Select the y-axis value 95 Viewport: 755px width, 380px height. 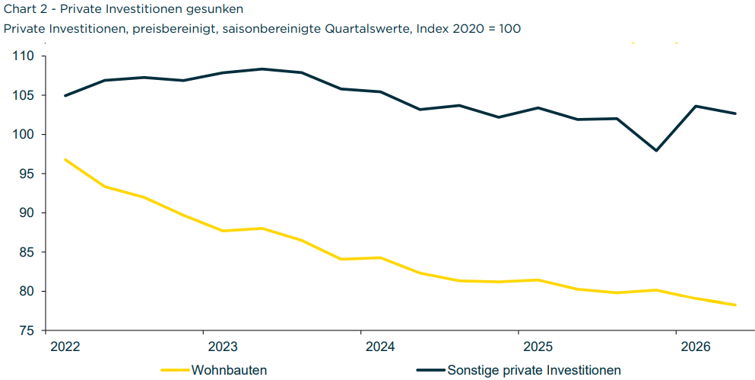pos(26,174)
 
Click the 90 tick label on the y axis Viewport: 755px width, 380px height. pos(26,213)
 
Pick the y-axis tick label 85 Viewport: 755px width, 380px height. pos(26,252)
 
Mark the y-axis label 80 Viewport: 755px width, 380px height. pos(26,291)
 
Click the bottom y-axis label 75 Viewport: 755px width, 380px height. pos(26,331)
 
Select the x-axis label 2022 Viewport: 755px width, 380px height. pos(65,346)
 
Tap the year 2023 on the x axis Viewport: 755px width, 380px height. pos(224,346)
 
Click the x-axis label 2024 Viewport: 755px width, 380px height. pos(381,346)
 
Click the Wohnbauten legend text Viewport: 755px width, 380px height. pos(229,370)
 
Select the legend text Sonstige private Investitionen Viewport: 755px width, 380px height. pos(534,370)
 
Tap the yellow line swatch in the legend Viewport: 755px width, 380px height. pos(176,370)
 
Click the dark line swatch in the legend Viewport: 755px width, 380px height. pos(430,370)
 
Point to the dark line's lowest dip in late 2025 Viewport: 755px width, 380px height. pos(656,151)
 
